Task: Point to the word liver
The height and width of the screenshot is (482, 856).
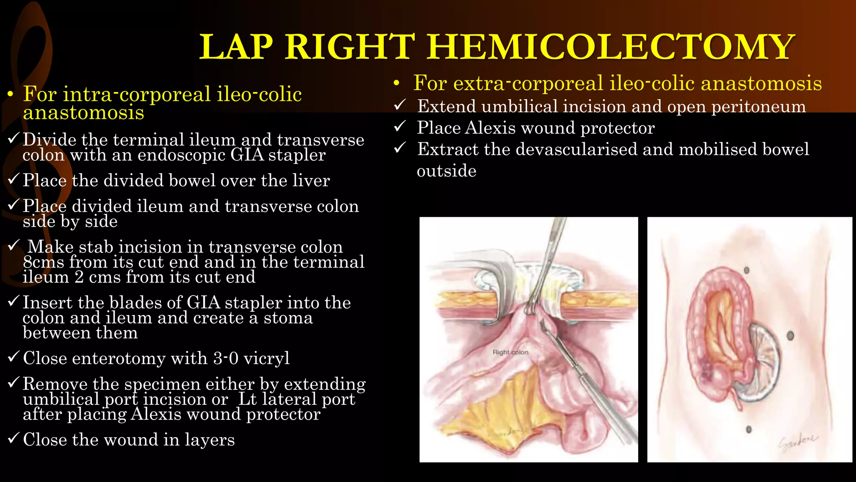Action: (311, 180)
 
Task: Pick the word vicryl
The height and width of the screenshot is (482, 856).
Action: (266, 358)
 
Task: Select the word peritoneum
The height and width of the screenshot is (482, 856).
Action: (758, 106)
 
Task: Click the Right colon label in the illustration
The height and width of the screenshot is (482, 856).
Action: (510, 352)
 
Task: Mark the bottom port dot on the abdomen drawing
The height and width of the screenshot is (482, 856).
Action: (749, 429)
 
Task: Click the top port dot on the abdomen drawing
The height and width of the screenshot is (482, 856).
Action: (746, 271)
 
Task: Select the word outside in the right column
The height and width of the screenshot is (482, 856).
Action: (446, 171)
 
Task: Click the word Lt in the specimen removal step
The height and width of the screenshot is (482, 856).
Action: (247, 399)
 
